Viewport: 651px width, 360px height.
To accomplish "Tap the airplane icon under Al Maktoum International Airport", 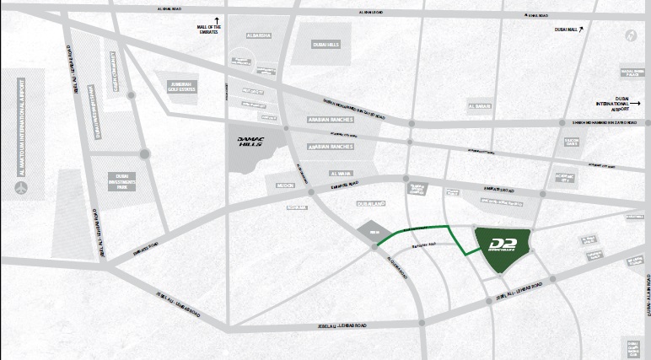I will pos(19,185).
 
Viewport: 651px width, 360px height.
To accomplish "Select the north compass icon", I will pos(629,35).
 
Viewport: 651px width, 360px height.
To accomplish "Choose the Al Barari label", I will pos(477,106).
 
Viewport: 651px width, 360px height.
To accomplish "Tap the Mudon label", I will pos(283,183).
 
